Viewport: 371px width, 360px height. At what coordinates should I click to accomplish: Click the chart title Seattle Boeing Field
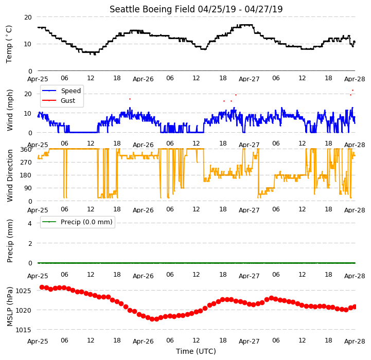click(x=152, y=9)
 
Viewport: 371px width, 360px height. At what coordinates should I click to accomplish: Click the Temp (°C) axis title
click(x=9, y=44)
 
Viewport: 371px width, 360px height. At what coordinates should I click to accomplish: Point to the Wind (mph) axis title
click(x=10, y=110)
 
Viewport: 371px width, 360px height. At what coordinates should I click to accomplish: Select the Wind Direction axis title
click(x=10, y=175)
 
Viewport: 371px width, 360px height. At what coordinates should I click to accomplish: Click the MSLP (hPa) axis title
click(x=10, y=307)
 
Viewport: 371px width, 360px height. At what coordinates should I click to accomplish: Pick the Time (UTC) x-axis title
click(x=196, y=351)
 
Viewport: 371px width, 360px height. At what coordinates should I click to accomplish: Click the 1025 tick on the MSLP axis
click(x=23, y=291)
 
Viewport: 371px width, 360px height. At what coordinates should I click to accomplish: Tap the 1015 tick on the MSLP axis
click(x=23, y=330)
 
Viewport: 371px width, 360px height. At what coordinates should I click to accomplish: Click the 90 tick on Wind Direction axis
click(x=28, y=188)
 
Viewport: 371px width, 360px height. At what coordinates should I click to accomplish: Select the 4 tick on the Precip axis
click(x=30, y=223)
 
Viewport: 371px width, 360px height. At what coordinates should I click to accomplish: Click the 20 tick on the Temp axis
click(x=28, y=17)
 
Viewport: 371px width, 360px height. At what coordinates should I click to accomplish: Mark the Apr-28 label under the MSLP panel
click(x=355, y=341)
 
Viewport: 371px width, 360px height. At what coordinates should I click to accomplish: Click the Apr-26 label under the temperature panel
click(x=143, y=79)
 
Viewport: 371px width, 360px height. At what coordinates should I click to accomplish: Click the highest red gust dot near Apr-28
click(x=353, y=91)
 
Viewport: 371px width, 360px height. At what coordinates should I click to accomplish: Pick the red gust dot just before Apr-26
click(x=130, y=99)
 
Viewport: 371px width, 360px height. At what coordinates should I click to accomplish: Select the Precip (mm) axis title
click(x=10, y=241)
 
